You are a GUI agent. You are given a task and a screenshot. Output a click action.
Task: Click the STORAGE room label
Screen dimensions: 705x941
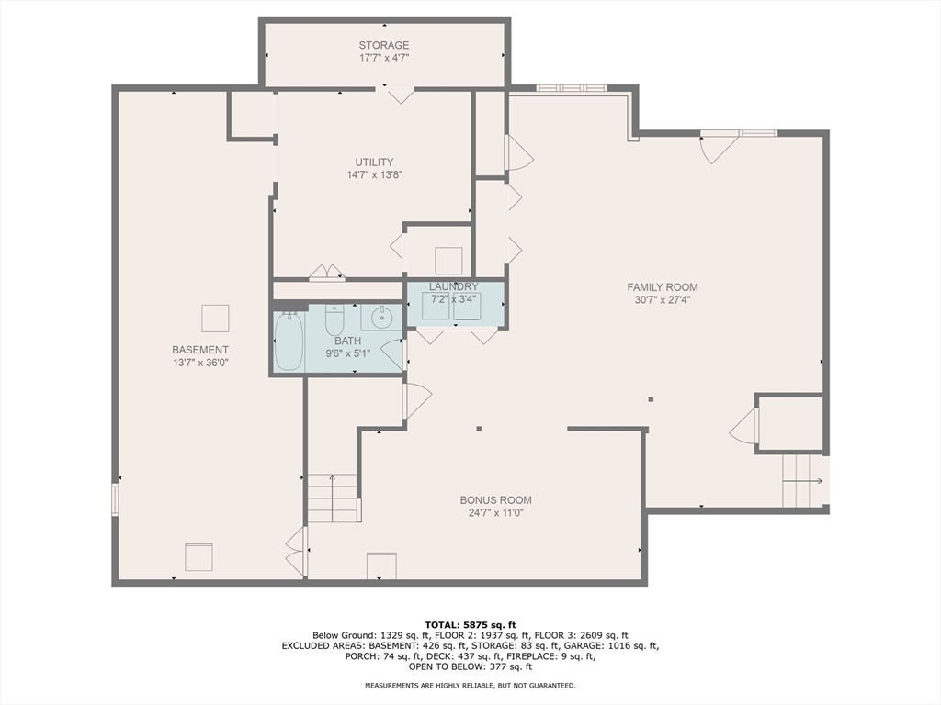(384, 45)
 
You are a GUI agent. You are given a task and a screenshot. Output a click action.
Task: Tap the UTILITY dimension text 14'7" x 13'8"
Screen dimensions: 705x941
(374, 174)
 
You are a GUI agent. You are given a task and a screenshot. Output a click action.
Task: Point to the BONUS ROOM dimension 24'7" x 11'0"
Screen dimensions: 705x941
(495, 513)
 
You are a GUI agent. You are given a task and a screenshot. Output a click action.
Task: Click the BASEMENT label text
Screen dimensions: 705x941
(200, 350)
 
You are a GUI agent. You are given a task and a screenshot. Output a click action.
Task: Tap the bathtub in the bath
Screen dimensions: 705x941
(289, 341)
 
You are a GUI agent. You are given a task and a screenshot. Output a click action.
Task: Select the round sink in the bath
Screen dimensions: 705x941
(381, 318)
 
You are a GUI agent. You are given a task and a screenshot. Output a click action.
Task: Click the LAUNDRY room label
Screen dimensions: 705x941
(454, 287)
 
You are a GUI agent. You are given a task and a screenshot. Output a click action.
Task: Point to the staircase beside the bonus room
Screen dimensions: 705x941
(332, 498)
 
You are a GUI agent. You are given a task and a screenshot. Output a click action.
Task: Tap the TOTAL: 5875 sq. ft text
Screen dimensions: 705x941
(470, 625)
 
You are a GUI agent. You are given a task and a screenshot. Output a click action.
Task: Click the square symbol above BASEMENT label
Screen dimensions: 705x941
(215, 318)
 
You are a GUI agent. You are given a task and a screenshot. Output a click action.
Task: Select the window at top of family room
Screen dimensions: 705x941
(572, 88)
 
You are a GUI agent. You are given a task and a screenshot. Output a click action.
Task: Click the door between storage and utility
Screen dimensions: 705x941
(396, 94)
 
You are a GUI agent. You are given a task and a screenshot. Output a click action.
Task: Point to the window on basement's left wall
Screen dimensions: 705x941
(115, 498)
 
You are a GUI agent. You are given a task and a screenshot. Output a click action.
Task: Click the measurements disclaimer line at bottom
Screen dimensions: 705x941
(470, 686)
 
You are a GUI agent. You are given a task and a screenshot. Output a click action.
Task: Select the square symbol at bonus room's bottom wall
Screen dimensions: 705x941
(381, 565)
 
